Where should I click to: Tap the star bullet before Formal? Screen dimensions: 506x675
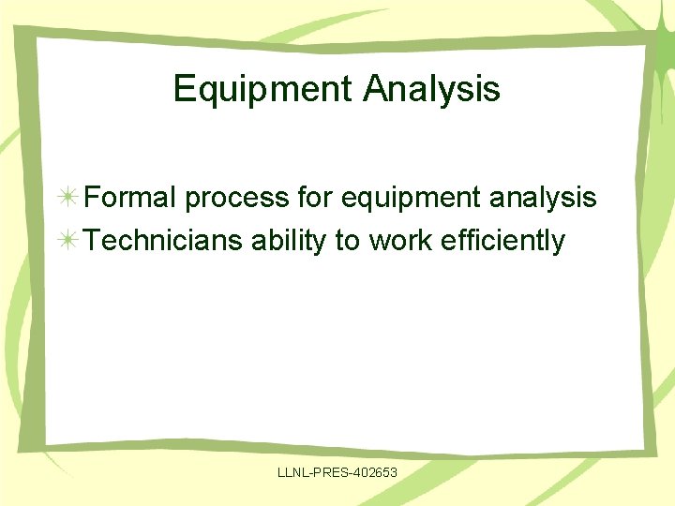[67, 199]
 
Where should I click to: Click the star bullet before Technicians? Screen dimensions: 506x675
[67, 242]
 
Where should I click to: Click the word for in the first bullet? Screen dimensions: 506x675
[316, 198]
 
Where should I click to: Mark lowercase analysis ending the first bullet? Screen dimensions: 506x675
[548, 199]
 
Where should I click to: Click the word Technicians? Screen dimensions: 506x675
[163, 241]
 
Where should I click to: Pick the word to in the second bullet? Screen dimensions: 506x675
[347, 241]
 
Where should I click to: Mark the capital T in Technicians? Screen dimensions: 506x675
[92, 241]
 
